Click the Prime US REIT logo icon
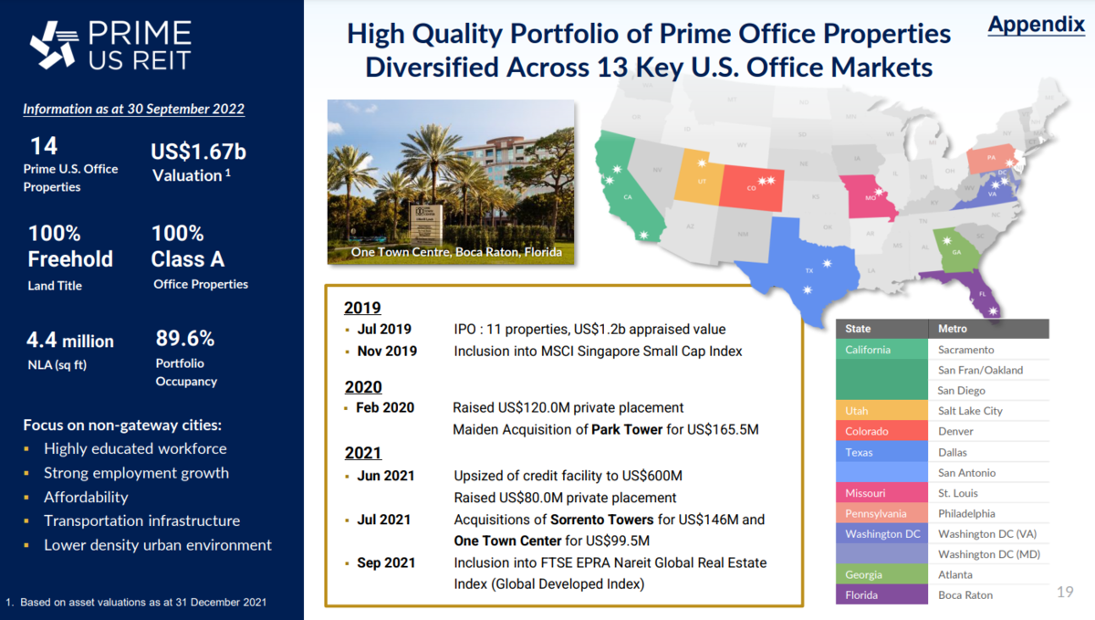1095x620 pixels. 53,45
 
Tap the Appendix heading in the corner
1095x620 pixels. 1036,25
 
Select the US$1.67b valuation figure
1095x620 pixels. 199,151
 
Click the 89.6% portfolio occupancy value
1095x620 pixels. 185,339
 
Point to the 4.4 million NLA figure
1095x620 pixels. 71,341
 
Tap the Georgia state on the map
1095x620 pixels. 954,249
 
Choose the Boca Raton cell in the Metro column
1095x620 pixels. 965,595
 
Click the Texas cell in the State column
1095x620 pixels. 859,452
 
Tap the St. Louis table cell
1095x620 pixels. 957,493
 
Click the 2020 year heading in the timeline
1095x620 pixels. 363,387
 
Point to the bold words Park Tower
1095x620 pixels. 627,429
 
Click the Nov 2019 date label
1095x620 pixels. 387,352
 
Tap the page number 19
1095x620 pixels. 1064,592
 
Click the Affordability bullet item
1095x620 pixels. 86,497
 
